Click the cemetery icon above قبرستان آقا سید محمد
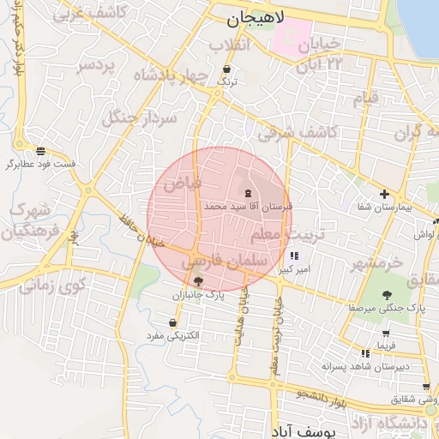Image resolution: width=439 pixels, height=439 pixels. pyautogui.click(x=248, y=193)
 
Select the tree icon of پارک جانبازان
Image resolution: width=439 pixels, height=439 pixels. pyautogui.click(x=199, y=281)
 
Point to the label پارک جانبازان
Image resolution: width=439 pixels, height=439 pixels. pyautogui.click(x=199, y=294)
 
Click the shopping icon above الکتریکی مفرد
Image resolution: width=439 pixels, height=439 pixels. pyautogui.click(x=174, y=322)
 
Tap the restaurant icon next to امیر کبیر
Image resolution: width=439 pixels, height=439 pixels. pyautogui.click(x=295, y=256)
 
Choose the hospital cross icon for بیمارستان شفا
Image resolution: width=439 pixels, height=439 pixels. pyautogui.click(x=384, y=194)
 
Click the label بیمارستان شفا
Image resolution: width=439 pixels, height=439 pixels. pyautogui.click(x=383, y=207)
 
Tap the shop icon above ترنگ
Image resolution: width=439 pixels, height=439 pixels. pyautogui.click(x=226, y=69)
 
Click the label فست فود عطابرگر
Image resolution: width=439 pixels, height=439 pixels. pyautogui.click(x=40, y=163)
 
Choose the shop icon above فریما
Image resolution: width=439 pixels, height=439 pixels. pyautogui.click(x=387, y=333)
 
